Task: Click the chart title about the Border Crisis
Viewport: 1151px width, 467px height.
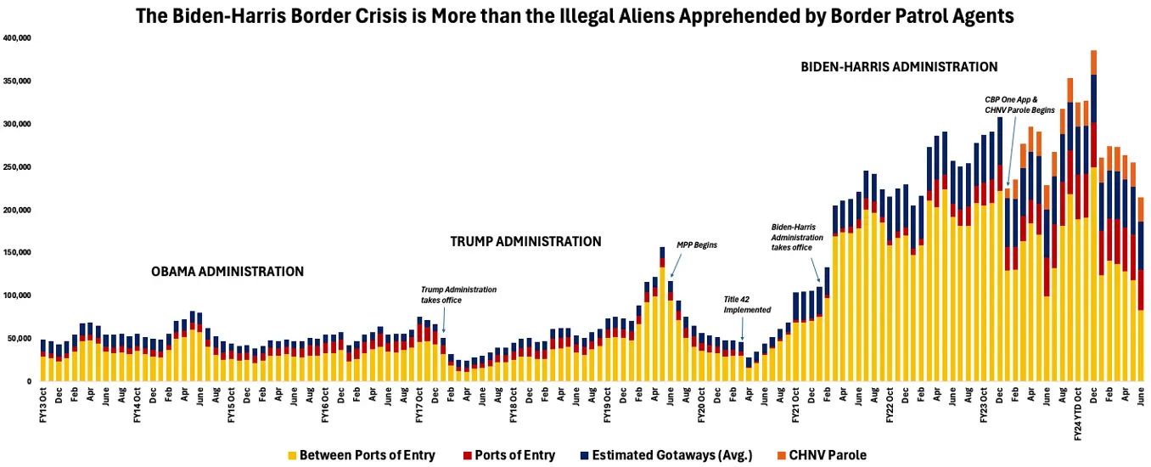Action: pos(575,15)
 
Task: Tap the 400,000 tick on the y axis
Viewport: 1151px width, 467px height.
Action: pos(17,38)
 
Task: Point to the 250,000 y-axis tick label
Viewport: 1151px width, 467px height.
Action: pos(17,166)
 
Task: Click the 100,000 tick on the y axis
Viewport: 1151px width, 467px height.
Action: pos(17,295)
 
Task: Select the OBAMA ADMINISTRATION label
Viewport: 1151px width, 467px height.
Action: pos(227,272)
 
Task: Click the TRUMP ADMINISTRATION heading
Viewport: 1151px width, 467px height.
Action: pos(525,242)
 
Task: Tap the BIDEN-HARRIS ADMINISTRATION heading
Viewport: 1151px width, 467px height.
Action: pos(899,66)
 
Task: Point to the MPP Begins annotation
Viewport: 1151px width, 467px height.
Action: pos(696,245)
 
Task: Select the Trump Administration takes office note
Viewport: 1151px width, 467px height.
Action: pos(458,295)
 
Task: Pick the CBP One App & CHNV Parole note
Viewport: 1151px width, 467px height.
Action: pos(1019,104)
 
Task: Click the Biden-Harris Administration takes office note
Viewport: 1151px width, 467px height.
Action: pos(797,237)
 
